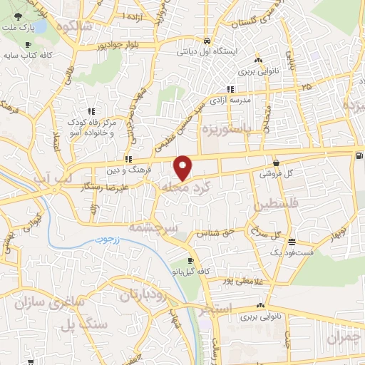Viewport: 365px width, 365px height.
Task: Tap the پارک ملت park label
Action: click(21, 28)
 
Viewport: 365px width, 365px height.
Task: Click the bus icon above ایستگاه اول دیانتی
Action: click(206, 41)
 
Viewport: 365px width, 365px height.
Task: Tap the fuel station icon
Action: click(357, 156)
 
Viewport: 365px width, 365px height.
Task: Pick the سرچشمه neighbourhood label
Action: click(151, 227)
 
